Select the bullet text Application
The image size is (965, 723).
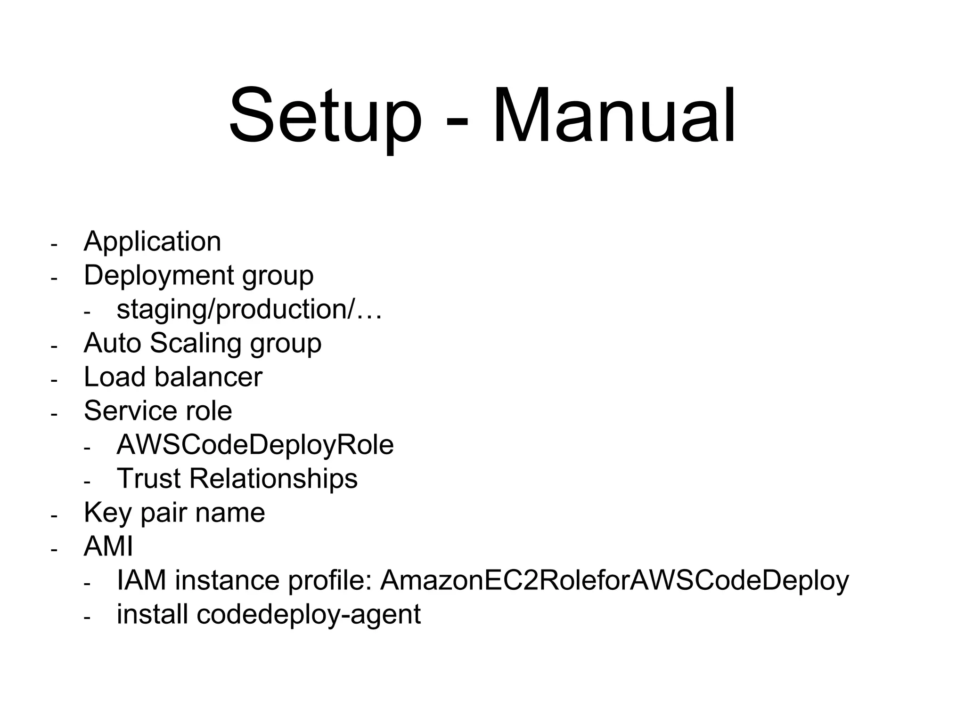pyautogui.click(x=152, y=242)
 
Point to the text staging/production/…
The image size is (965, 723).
pyautogui.click(x=249, y=310)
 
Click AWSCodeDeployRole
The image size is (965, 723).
pyautogui.click(x=255, y=445)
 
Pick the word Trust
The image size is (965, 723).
pyautogui.click(x=148, y=479)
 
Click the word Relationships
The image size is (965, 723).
pyautogui.click(x=273, y=479)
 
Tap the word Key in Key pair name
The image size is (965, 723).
pyautogui.click(x=107, y=513)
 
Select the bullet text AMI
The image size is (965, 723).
pyautogui.click(x=108, y=546)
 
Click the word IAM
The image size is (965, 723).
pyautogui.click(x=141, y=580)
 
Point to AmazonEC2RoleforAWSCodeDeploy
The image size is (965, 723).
pyautogui.click(x=614, y=581)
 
